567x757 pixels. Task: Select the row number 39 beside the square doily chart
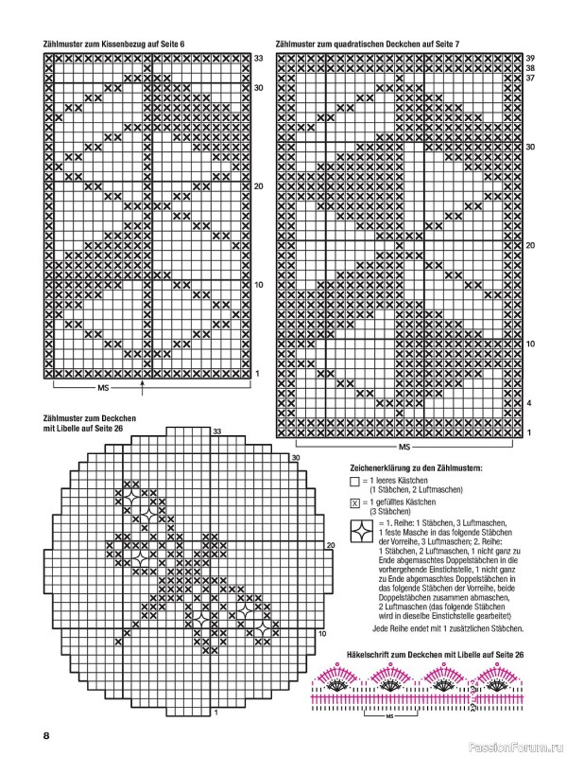coord(530,58)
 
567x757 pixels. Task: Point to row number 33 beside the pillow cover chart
coord(257,58)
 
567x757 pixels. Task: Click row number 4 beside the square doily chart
coord(529,403)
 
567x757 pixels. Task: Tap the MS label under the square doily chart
coord(404,445)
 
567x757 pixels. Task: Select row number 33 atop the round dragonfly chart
coord(216,431)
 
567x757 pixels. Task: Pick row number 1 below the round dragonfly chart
coord(217,712)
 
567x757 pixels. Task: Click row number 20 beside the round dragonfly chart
coord(331,546)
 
